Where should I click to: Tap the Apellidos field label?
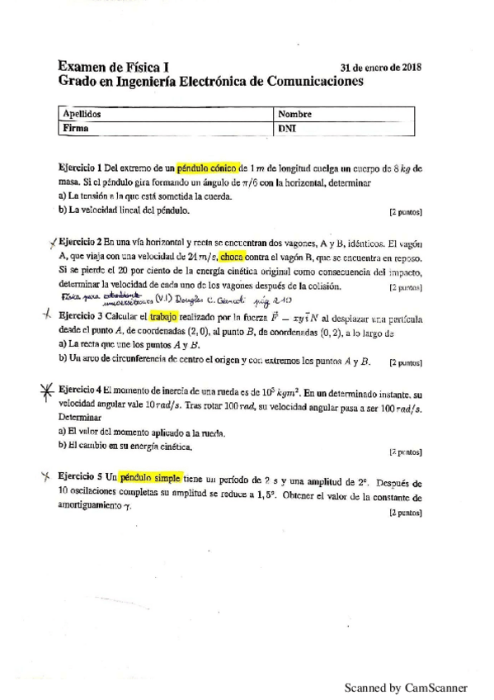click(x=82, y=114)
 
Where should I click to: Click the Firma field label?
click(x=76, y=128)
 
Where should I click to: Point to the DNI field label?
click(x=289, y=129)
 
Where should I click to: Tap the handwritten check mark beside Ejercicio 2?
click(x=52, y=242)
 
